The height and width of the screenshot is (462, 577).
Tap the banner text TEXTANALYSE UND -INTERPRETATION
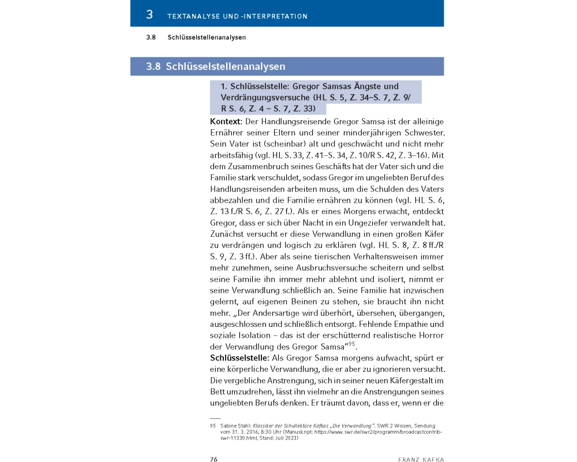click(x=237, y=16)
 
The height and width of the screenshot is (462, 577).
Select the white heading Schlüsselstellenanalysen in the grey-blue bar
click(x=226, y=66)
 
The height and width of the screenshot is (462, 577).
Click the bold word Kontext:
click(x=226, y=122)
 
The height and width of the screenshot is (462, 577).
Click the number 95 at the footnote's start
click(x=212, y=425)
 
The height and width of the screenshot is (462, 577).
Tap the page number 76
click(x=213, y=459)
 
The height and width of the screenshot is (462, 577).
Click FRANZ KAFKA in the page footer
click(x=421, y=459)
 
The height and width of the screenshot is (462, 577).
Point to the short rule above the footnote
click(x=215, y=418)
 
